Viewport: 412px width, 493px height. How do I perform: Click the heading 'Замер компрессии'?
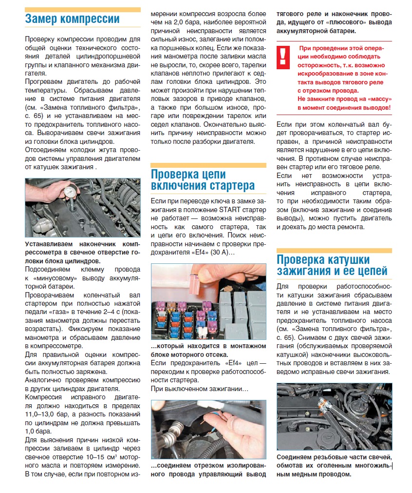[72, 20]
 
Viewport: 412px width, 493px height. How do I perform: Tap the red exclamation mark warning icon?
[283, 57]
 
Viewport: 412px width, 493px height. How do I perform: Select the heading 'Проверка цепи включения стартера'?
[203, 180]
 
